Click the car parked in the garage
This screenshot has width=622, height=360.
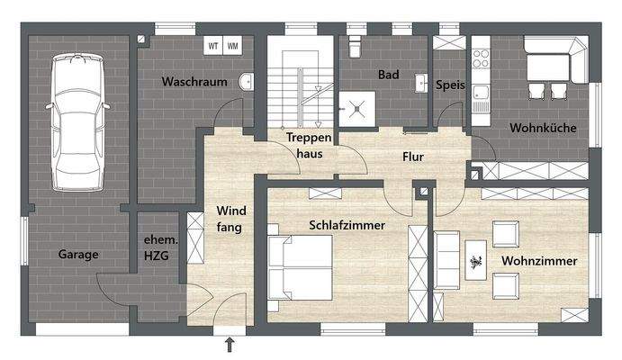coord(78,121)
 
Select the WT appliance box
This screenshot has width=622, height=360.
coord(213,45)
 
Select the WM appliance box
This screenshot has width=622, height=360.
coord(232,45)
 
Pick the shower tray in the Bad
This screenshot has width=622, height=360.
coord(357,110)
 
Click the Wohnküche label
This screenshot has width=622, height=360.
coord(543,129)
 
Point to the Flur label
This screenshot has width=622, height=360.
coord(412,157)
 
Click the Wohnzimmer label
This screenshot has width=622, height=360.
coord(539,261)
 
